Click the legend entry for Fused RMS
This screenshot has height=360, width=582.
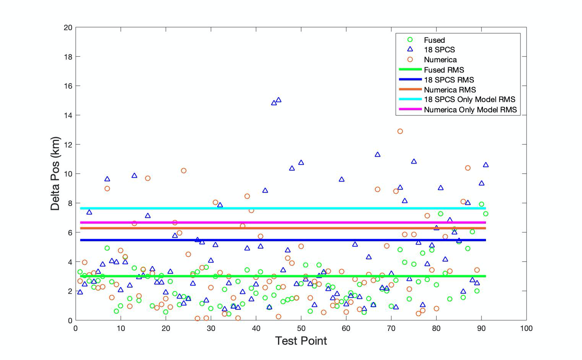(444, 70)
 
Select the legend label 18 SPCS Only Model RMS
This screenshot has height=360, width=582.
(470, 99)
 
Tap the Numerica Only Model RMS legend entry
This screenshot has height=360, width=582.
(470, 110)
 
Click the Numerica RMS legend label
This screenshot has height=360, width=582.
(450, 90)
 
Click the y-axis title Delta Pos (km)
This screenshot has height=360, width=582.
(55, 174)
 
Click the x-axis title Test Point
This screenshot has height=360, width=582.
(301, 341)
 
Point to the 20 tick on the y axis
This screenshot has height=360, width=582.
(68, 28)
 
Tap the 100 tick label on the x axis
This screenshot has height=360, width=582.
(526, 328)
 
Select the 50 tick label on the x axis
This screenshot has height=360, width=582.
(301, 328)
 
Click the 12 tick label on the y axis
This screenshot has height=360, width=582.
(68, 144)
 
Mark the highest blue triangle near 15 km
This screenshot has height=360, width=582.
(278, 100)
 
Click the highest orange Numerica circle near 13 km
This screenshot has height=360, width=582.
(400, 131)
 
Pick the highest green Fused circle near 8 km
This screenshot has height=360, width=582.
(481, 204)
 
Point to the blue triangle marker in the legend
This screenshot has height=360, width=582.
(410, 49)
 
